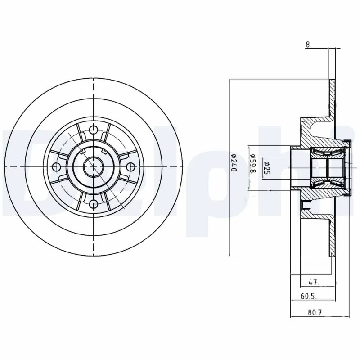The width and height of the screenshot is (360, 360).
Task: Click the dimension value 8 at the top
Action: click(x=308, y=45)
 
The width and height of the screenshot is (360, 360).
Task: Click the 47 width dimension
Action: click(x=314, y=282)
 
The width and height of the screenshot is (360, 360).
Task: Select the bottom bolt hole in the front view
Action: click(x=93, y=204)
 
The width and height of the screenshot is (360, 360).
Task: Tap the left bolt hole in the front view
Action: click(x=56, y=167)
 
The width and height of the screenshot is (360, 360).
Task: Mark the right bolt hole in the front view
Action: click(x=130, y=167)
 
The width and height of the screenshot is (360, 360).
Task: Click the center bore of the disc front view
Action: click(x=93, y=167)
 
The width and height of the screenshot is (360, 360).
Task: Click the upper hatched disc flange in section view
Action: click(x=333, y=101)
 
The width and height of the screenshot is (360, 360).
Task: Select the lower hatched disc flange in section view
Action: click(x=333, y=234)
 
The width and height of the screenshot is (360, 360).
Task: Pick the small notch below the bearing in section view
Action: click(x=306, y=205)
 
